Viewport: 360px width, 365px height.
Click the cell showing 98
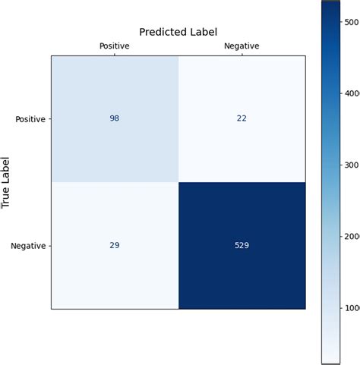click(x=115, y=118)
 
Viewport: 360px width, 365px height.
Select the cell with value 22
click(x=242, y=118)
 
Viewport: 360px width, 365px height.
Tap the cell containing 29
click(x=115, y=245)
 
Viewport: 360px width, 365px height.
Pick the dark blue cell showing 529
click(x=242, y=245)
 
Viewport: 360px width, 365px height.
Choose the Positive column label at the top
click(x=115, y=46)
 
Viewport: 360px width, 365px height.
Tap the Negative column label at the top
click(x=242, y=46)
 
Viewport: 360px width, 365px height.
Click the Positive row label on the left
click(x=30, y=119)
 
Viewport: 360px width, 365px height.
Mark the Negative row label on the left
click(x=29, y=246)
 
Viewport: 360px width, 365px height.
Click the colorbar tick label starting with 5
click(x=352, y=23)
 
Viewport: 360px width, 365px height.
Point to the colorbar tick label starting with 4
click(x=352, y=93)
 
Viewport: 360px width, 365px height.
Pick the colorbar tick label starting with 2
click(x=352, y=236)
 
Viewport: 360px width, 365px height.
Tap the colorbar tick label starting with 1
click(x=352, y=307)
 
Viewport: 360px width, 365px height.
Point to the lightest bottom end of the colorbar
click(x=330, y=357)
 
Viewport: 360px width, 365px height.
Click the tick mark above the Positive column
click(x=115, y=54)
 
